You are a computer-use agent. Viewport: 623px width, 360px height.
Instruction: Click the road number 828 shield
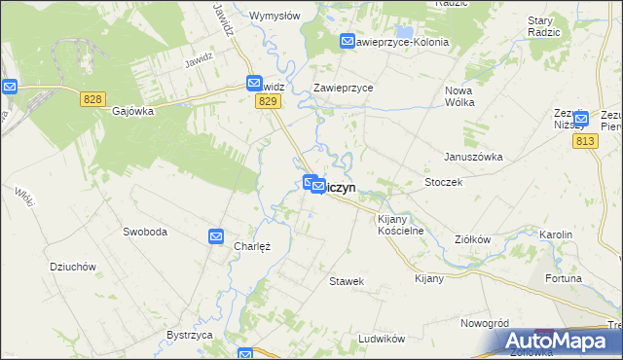click(92, 99)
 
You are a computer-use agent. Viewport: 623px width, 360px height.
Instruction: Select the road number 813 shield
click(585, 142)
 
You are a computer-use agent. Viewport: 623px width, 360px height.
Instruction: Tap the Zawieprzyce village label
click(344, 88)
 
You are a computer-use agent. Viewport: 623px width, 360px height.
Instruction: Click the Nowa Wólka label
click(465, 97)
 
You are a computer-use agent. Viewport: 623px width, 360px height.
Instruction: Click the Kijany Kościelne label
click(400, 225)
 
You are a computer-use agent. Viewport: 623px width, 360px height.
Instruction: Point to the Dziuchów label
click(72, 266)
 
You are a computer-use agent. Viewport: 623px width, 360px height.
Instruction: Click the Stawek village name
click(347, 281)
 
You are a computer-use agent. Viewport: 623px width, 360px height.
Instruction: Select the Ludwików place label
click(381, 338)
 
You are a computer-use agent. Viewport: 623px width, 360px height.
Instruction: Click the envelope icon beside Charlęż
click(216, 236)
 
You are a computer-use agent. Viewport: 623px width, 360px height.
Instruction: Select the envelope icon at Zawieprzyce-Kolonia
click(348, 41)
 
